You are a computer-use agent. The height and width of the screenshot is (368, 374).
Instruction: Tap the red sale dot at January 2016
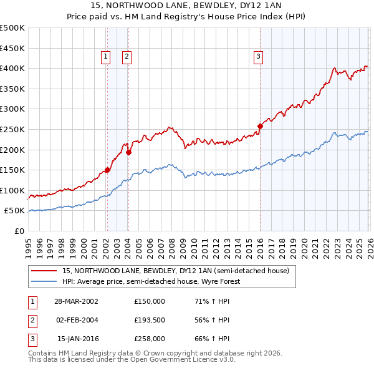point(260,126)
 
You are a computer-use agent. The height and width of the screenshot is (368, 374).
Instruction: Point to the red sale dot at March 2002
point(107,170)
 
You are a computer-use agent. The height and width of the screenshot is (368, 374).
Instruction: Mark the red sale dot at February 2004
point(128,152)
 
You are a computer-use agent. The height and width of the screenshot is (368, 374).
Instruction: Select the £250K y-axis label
point(12,129)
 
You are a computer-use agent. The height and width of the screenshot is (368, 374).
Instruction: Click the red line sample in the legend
point(44,271)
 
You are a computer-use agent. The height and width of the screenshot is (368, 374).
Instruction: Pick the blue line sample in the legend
point(44,281)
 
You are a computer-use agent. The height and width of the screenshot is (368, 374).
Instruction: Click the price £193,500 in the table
point(150,320)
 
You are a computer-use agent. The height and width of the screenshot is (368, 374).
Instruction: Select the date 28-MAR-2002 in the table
point(76,301)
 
